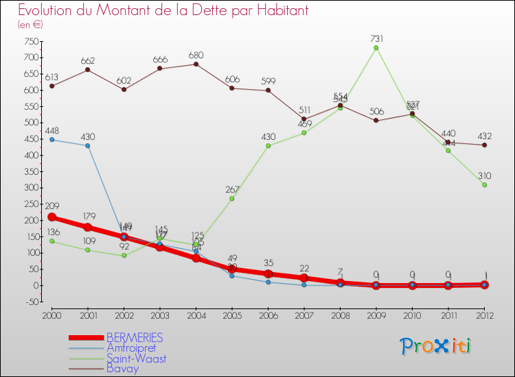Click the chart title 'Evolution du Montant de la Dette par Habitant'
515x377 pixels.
click(x=163, y=10)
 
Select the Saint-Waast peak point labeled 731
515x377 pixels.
click(x=376, y=48)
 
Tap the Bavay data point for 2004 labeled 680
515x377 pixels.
click(x=196, y=64)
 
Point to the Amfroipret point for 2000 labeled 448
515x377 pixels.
click(x=51, y=140)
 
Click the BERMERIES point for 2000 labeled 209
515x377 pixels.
click(x=51, y=217)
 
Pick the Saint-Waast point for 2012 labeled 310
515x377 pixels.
click(x=484, y=184)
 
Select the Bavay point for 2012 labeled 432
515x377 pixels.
click(x=484, y=145)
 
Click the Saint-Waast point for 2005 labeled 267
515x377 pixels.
click(x=232, y=199)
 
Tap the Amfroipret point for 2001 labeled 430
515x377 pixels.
click(x=88, y=145)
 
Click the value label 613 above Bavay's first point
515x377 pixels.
click(x=51, y=77)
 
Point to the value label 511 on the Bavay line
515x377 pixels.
click(x=304, y=110)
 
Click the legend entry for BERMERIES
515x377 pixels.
click(x=135, y=338)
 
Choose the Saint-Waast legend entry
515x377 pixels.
click(x=136, y=358)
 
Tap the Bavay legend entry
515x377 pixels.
click(x=122, y=369)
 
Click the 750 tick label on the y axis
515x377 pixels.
click(x=30, y=41)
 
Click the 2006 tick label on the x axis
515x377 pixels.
click(x=268, y=315)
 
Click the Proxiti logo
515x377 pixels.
click(x=437, y=346)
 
